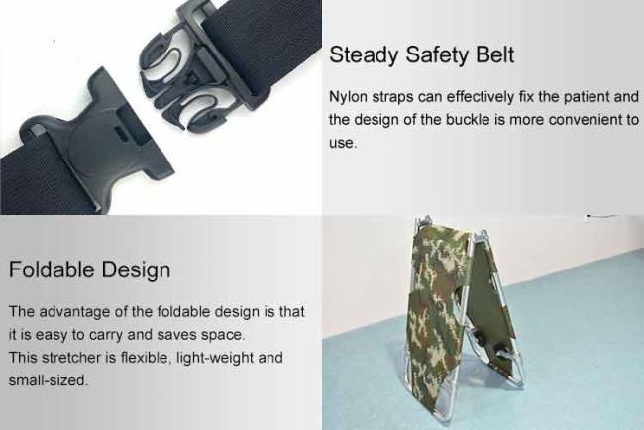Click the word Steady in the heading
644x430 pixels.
363,55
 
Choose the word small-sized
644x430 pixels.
49,380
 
